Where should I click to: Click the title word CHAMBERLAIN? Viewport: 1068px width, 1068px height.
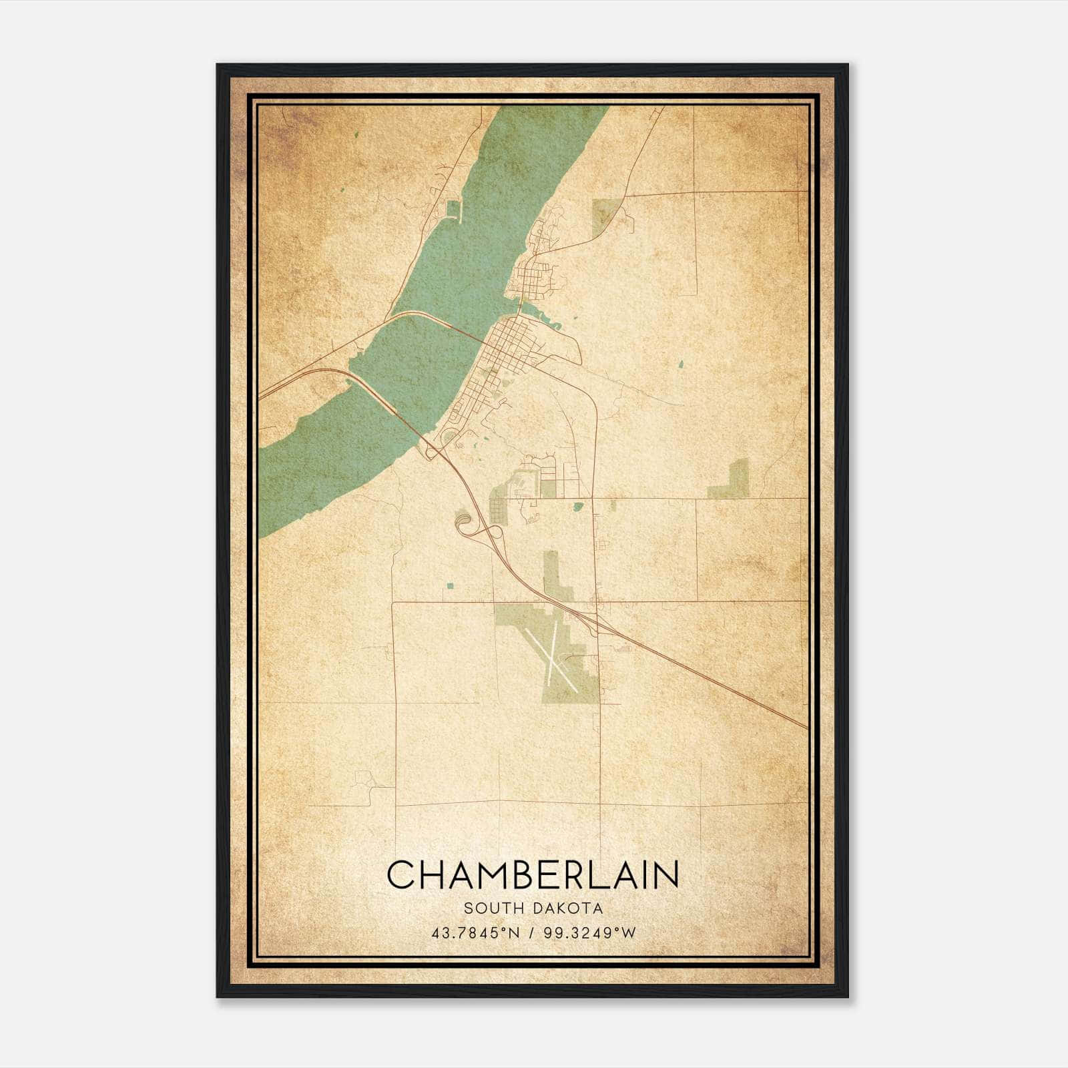tap(533, 874)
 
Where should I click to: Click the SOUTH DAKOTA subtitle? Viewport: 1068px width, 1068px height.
tap(533, 908)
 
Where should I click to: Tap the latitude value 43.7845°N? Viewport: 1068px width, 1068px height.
tap(475, 932)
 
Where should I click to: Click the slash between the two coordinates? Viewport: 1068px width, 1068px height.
tap(531, 932)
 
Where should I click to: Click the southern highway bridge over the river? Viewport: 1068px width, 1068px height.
tap(387, 400)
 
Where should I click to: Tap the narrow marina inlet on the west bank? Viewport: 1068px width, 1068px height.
tap(455, 210)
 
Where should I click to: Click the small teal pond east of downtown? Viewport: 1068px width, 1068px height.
tap(681, 364)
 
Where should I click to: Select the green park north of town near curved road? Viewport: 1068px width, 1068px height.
tap(604, 215)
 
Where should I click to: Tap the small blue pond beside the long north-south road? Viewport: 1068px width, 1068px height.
tap(578, 507)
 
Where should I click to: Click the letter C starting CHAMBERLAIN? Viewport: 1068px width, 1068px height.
tap(399, 874)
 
